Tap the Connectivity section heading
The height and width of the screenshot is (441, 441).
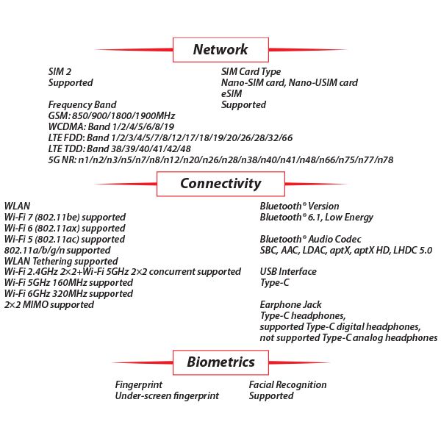(220, 184)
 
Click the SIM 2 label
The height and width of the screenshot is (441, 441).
(60, 72)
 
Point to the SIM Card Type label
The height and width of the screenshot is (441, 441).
(251, 72)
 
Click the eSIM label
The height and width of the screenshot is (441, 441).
(232, 93)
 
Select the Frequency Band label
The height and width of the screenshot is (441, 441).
(82, 105)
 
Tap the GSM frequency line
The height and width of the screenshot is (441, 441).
(112, 116)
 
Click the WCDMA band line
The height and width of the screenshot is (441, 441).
(111, 127)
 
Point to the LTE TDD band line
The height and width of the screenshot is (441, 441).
(120, 148)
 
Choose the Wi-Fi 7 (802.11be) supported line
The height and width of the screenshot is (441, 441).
(65, 218)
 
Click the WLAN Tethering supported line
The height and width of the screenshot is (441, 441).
(61, 261)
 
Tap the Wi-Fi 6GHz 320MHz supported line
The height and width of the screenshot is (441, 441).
(68, 294)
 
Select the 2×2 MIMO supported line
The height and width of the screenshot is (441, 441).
(49, 305)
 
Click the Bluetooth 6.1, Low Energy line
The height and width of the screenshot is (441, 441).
(316, 218)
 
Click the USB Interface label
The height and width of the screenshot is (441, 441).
(288, 272)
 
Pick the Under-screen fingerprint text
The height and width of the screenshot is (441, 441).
(167, 396)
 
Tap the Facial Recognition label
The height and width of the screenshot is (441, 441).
(287, 385)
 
